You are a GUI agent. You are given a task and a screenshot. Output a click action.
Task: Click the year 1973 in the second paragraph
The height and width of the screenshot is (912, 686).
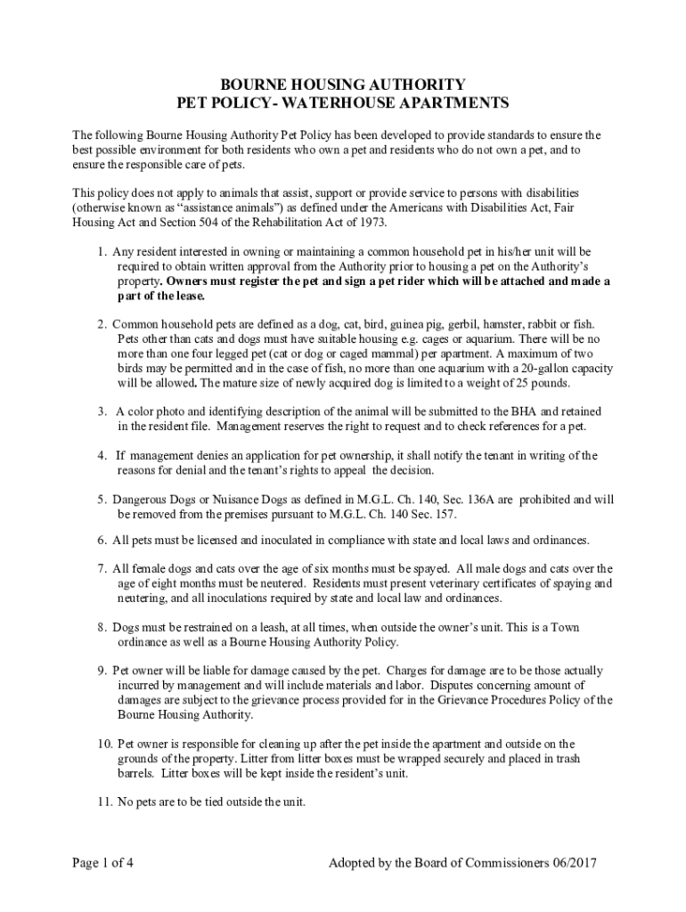(x=357, y=223)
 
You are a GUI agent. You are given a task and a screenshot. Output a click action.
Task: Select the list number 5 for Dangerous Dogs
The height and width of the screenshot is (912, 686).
(x=102, y=500)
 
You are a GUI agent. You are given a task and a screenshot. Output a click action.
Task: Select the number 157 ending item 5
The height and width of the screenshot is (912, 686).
(x=440, y=515)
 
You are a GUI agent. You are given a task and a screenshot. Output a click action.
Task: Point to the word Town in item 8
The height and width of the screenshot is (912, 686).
(x=563, y=627)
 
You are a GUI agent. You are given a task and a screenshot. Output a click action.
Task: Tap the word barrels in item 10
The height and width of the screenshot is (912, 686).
(x=135, y=773)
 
